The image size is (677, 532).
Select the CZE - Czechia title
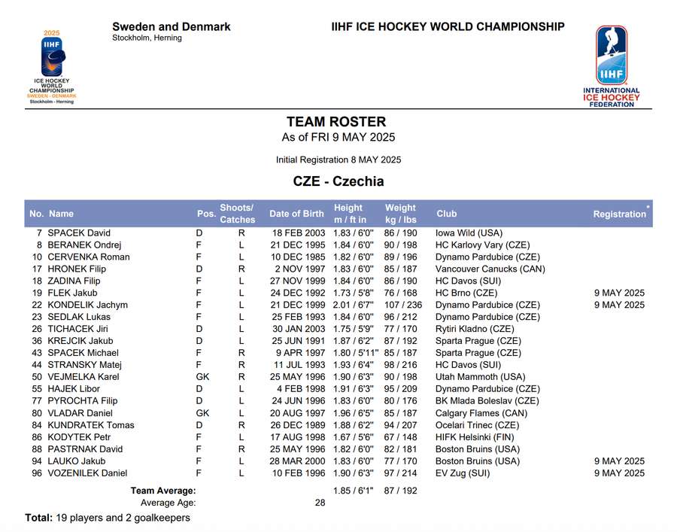338,181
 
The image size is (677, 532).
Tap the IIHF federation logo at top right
611,66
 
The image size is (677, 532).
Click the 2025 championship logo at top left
52,67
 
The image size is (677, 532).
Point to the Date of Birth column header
296,214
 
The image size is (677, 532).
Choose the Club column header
446,214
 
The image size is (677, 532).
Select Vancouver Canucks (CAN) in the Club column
490,269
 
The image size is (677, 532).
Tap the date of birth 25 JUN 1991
299,341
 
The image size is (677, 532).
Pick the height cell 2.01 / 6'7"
353,305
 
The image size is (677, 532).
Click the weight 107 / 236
403,305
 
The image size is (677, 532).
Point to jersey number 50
36,377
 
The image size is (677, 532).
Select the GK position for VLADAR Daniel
202,413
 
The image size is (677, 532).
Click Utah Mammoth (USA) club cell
480,377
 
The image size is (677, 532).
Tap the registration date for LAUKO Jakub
619,461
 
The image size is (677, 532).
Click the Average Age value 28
320,503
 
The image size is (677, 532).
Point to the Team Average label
163,491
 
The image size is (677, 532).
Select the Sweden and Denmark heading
172,27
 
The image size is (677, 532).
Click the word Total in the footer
38,518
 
